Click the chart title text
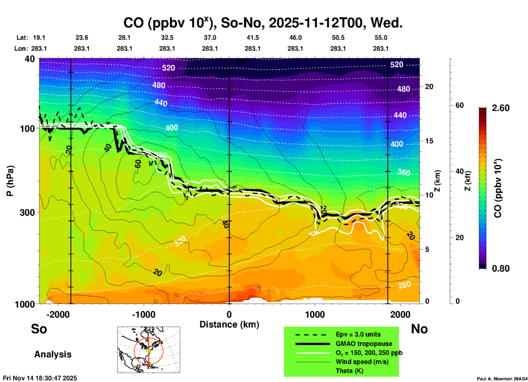[263, 23]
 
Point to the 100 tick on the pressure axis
[27, 129]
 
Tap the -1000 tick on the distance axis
[144, 314]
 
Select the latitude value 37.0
[210, 38]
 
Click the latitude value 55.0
[381, 38]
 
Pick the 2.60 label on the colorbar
[501, 108]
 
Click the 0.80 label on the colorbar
[501, 269]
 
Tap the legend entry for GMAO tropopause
[364, 344]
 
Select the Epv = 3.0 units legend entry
[358, 334]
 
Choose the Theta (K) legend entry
[349, 371]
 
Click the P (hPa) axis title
[10, 181]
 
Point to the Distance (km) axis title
[229, 324]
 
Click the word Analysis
[53, 354]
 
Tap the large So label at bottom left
[39, 329]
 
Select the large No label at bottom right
[419, 329]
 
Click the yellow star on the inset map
[149, 350]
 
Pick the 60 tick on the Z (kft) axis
[459, 105]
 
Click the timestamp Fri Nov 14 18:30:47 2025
[40, 378]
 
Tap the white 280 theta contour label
[405, 285]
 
